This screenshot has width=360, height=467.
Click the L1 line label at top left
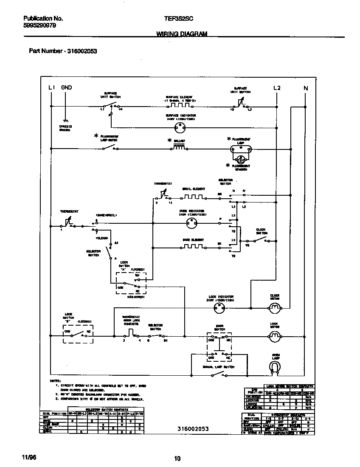click(51, 87)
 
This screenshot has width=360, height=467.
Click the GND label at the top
click(67, 87)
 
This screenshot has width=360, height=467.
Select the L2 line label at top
click(277, 88)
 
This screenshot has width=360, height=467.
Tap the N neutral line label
click(306, 88)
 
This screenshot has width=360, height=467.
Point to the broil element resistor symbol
click(193, 197)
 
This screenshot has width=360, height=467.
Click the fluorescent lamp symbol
click(240, 149)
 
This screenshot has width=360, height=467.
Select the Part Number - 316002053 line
click(63, 51)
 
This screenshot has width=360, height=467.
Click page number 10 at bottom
click(177, 458)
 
